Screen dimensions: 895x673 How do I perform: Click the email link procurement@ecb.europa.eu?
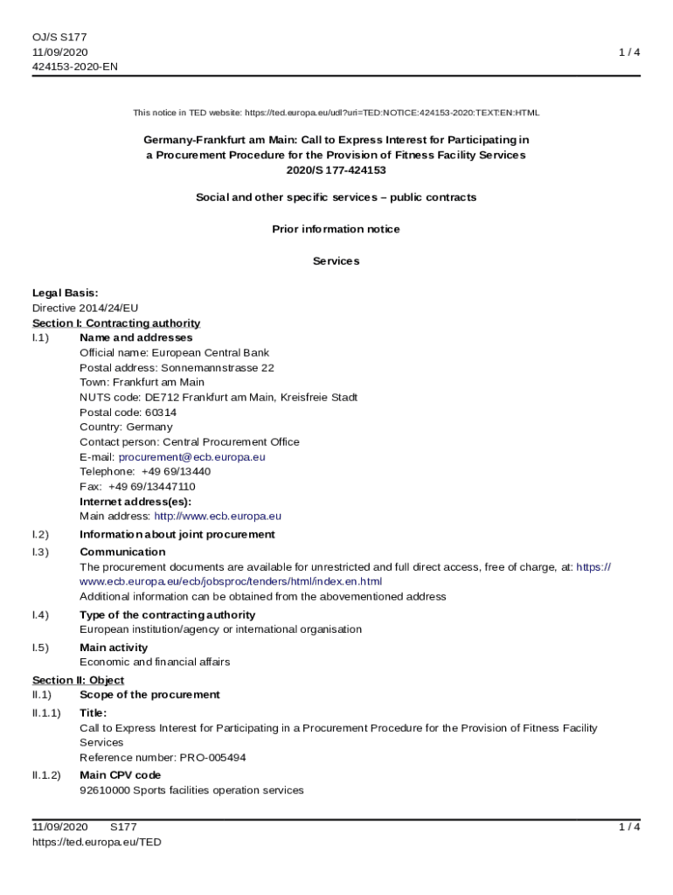point(192,457)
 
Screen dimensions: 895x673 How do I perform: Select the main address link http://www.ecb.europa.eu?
point(218,517)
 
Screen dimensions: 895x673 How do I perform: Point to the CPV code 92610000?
point(103,790)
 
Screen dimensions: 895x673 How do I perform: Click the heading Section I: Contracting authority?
point(116,323)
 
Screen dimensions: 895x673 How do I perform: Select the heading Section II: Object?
point(78,680)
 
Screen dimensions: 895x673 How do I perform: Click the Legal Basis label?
point(65,293)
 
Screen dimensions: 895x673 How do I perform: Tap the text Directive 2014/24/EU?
point(85,308)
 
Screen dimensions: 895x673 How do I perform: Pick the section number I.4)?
point(40,615)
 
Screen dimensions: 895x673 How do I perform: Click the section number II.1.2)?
point(46,775)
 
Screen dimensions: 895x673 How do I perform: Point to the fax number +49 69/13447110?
point(152,487)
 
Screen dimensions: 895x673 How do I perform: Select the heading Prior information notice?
point(336,229)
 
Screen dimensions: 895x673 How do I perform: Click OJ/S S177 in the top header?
point(59,37)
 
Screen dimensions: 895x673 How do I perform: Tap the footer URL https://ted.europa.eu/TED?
point(97,842)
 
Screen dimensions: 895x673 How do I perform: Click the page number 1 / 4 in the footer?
point(629,827)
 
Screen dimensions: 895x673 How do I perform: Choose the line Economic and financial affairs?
point(155,662)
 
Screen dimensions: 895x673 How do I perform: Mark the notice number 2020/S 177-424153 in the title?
point(336,170)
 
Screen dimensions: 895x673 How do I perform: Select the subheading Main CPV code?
point(120,775)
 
